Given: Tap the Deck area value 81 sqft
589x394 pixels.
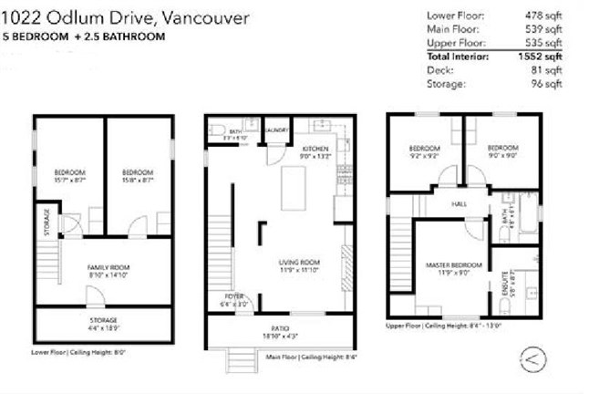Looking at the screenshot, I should click(x=549, y=70).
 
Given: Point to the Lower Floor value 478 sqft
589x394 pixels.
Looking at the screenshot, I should click(x=544, y=16).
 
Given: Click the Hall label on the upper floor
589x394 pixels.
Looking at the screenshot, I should click(x=459, y=203).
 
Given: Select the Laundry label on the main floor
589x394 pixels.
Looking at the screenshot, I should click(x=277, y=130).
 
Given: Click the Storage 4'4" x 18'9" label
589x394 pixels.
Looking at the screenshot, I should click(x=104, y=322).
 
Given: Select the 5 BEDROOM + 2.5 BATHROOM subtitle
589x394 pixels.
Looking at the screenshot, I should click(x=86, y=37).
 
